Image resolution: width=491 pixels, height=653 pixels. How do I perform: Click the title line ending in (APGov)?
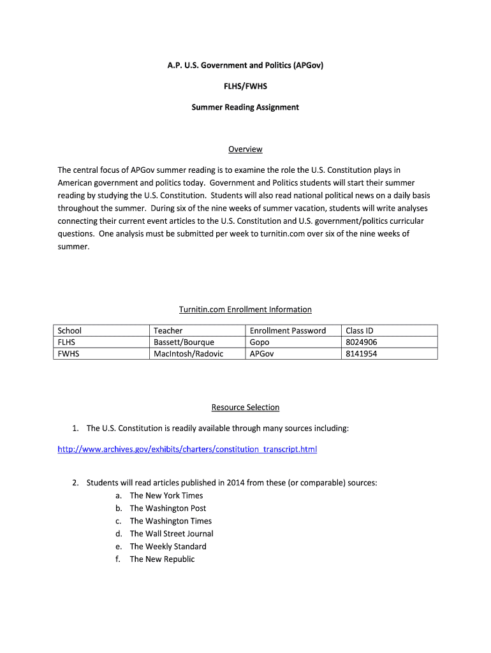pyautogui.click(x=245, y=65)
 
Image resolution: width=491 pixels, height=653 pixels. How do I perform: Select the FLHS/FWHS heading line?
pyautogui.click(x=245, y=86)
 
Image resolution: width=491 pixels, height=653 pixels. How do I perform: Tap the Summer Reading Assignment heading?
pyautogui.click(x=245, y=107)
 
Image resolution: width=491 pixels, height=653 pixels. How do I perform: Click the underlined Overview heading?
pyautogui.click(x=245, y=149)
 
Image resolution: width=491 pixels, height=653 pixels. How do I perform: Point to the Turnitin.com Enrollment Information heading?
pyautogui.click(x=245, y=309)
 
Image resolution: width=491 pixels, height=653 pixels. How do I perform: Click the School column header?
pyautogui.click(x=70, y=330)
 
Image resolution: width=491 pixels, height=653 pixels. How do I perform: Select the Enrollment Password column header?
pyautogui.click(x=288, y=330)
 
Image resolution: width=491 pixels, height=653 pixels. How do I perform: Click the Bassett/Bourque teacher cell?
pyautogui.click(x=184, y=342)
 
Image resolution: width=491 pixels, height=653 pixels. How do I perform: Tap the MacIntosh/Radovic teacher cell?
pyautogui.click(x=188, y=353)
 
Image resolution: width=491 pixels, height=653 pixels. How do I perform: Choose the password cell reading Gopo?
pyautogui.click(x=260, y=342)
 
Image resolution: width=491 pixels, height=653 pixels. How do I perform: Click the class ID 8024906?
pyautogui.click(x=361, y=342)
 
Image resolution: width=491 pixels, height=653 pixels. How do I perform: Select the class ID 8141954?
pyautogui.click(x=360, y=353)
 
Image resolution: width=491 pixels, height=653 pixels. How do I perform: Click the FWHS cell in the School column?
pyautogui.click(x=68, y=353)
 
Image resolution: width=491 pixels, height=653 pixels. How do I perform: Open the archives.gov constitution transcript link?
pyautogui.click(x=187, y=450)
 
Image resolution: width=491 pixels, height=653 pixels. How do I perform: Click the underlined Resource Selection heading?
pyautogui.click(x=245, y=407)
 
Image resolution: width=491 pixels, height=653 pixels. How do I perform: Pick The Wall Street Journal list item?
pyautogui.click(x=171, y=534)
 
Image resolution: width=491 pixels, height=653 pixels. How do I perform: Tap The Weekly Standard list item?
pyautogui.click(x=168, y=547)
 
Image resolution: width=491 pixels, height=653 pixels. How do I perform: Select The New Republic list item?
pyautogui.click(x=162, y=559)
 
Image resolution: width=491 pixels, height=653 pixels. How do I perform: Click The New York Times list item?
pyautogui.click(x=166, y=495)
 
